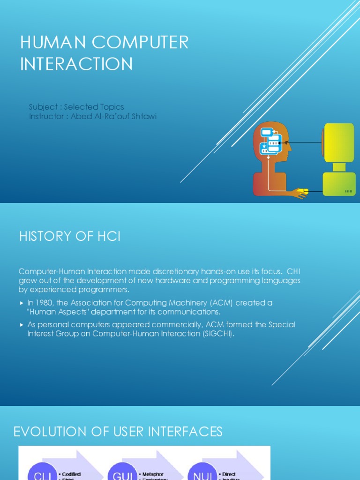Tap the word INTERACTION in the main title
click(x=76, y=64)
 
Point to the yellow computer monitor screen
click(x=339, y=142)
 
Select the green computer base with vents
click(x=339, y=184)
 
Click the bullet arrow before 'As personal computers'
click(x=21, y=324)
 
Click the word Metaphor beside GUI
click(x=153, y=474)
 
